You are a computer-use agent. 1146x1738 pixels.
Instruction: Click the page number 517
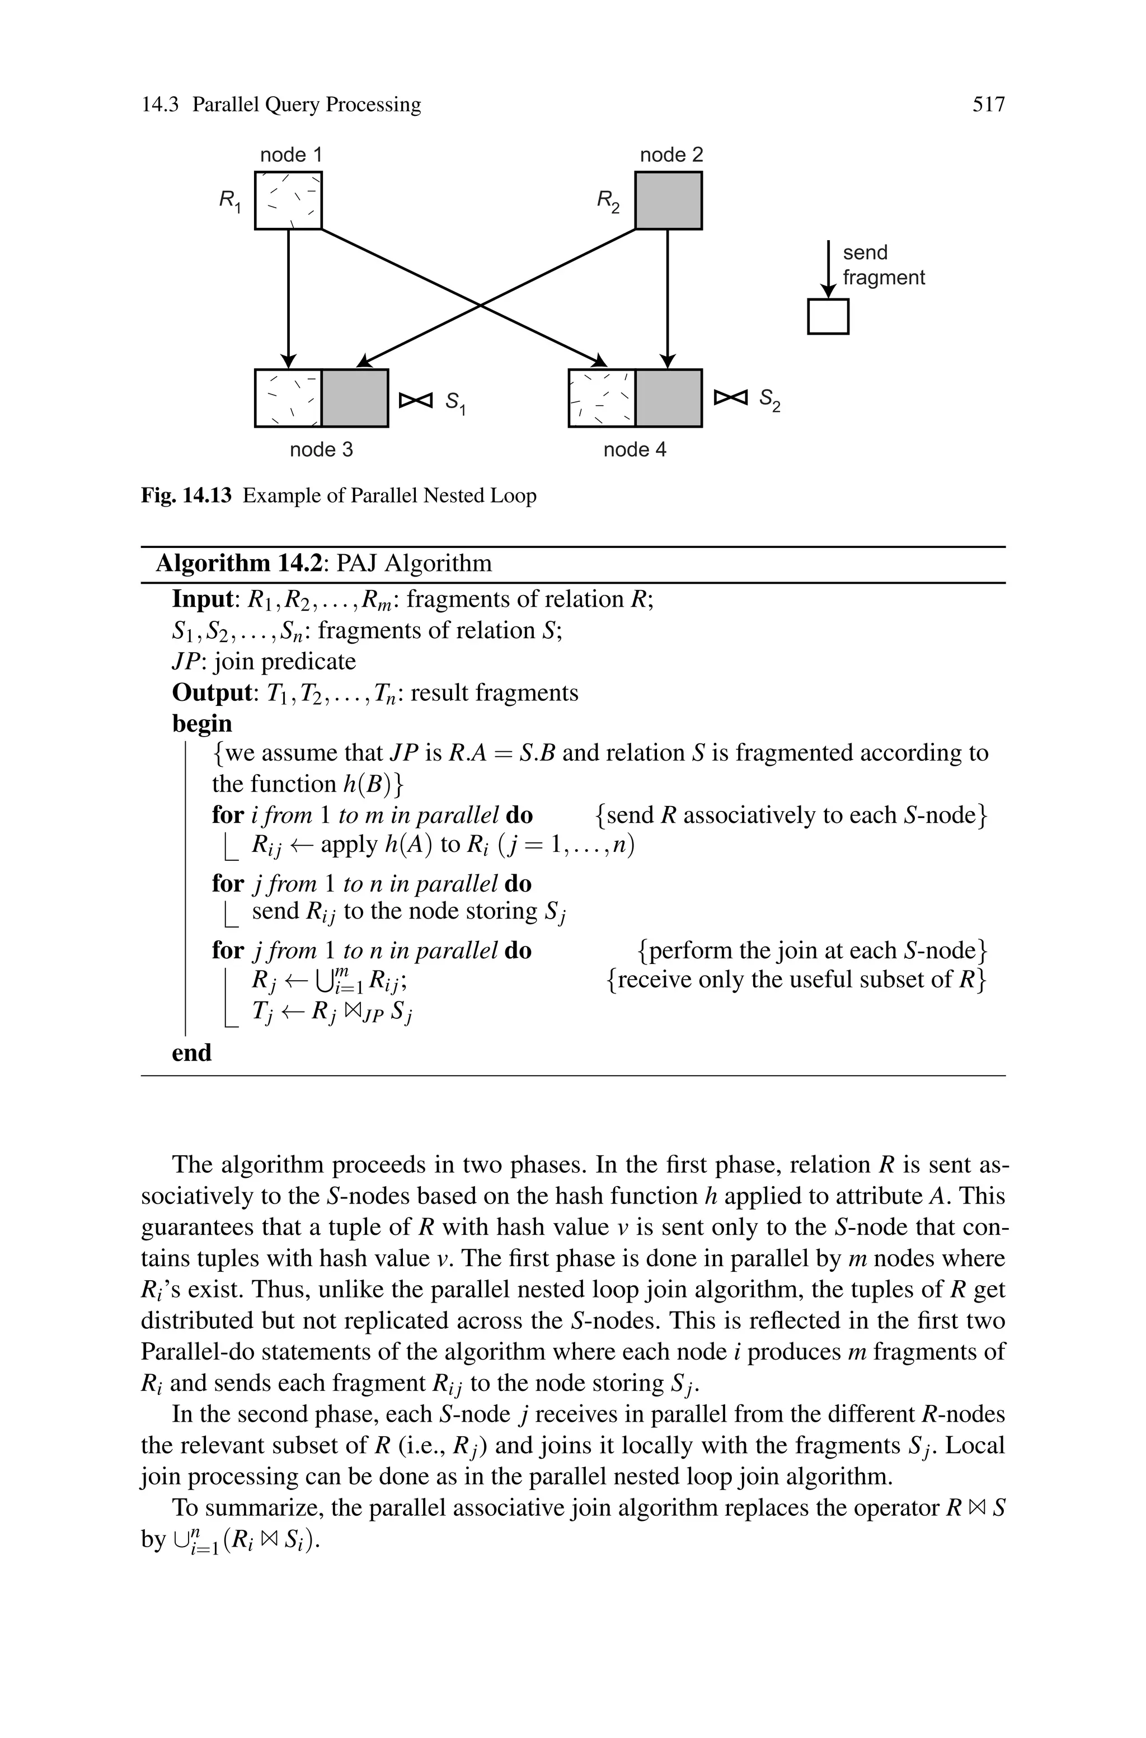click(988, 105)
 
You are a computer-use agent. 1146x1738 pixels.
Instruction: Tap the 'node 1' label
click(291, 155)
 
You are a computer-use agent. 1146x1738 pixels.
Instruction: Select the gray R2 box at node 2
click(668, 200)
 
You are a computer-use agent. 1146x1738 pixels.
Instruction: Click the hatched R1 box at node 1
click(288, 200)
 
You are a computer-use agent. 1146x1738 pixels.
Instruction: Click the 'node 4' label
click(635, 449)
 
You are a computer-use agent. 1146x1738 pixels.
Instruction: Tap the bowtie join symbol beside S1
click(416, 400)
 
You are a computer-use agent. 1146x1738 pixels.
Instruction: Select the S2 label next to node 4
click(769, 399)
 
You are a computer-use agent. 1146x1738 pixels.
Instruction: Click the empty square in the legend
click(828, 316)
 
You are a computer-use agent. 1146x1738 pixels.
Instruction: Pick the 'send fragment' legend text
click(883, 265)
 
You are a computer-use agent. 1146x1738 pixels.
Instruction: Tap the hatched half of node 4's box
click(602, 399)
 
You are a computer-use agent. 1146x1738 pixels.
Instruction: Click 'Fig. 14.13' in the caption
click(186, 495)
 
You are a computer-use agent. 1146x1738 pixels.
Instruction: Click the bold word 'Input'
click(201, 599)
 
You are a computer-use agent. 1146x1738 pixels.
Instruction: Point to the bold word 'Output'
click(211, 692)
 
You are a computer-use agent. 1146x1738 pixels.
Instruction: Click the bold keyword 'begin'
click(201, 724)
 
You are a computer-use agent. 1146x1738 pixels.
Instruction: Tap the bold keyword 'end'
click(191, 1053)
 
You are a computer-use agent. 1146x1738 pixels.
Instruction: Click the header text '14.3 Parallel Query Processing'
click(281, 105)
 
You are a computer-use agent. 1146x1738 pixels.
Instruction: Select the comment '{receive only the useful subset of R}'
click(796, 980)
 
